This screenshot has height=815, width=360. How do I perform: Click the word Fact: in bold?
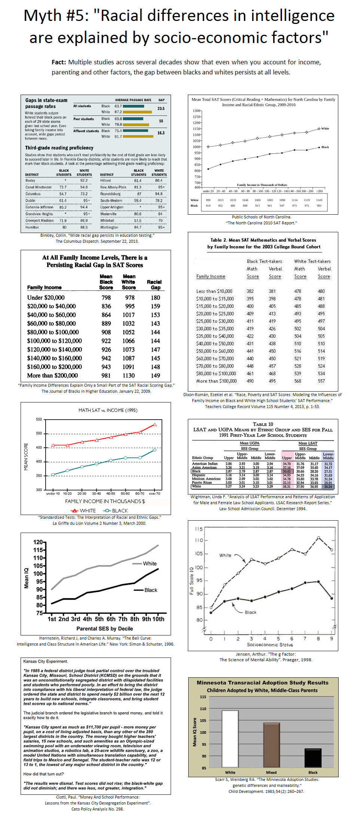point(59,62)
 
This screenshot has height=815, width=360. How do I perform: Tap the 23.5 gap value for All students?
point(161,108)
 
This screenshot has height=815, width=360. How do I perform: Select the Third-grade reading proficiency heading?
point(59,148)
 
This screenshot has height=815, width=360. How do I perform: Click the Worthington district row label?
point(109,227)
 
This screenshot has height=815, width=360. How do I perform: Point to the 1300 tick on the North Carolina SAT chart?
point(196,111)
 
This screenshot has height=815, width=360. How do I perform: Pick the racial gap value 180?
point(155,298)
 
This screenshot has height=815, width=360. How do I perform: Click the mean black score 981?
point(106,376)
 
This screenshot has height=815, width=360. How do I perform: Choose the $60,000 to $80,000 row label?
point(51,324)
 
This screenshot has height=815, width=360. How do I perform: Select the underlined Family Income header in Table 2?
point(211,276)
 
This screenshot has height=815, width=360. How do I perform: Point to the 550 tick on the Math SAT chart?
point(39,420)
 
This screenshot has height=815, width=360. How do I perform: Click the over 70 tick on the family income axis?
point(155,494)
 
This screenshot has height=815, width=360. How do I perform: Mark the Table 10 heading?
point(263,424)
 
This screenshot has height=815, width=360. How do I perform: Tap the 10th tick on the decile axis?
point(158,619)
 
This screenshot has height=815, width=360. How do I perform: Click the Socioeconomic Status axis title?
point(270,645)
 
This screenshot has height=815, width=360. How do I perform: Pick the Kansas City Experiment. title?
point(46,661)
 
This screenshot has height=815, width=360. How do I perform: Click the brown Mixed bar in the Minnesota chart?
point(271,745)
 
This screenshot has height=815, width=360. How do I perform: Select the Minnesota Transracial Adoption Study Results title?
point(262,683)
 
